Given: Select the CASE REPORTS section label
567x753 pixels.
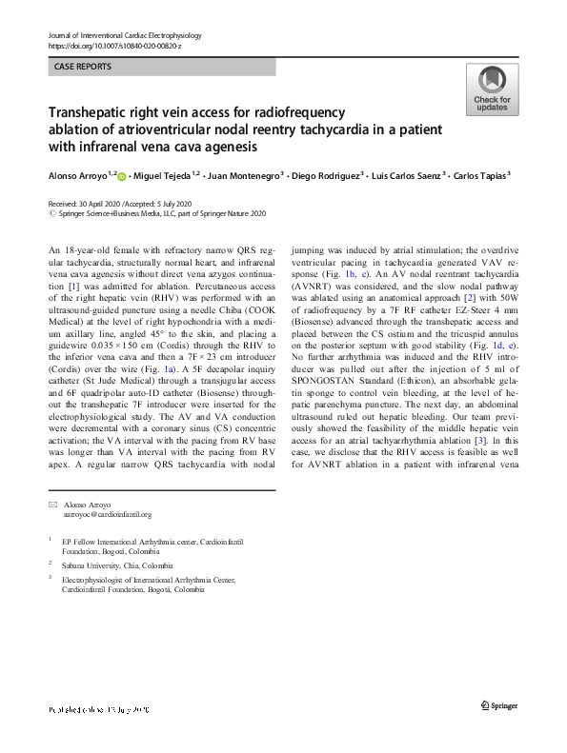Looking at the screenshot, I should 83,68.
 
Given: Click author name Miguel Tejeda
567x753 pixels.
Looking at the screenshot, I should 163,177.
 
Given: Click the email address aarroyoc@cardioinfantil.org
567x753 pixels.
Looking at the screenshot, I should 108,515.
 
